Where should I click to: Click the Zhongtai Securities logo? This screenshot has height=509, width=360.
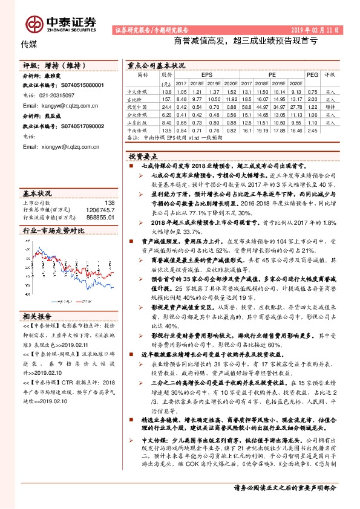(x=61, y=22)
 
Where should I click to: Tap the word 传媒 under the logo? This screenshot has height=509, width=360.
(x=29, y=44)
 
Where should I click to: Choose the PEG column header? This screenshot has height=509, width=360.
(x=312, y=75)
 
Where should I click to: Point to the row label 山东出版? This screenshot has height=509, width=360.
(x=143, y=122)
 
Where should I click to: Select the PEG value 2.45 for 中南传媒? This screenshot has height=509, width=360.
(x=312, y=129)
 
